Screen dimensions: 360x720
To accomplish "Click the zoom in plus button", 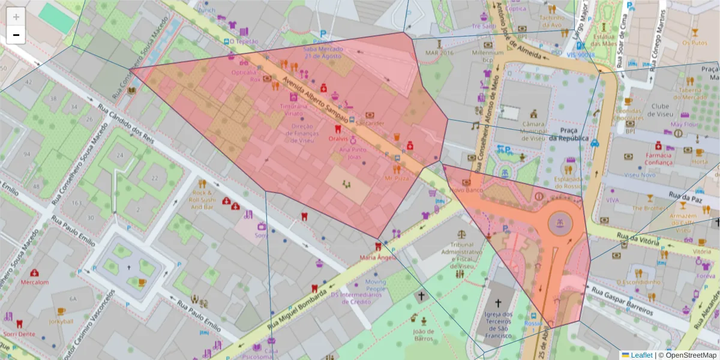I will [16, 17].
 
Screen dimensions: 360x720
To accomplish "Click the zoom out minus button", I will [16, 35].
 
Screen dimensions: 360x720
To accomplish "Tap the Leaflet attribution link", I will [641, 355].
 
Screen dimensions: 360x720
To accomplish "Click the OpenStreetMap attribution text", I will [690, 355].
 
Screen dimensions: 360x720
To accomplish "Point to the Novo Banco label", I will [466, 190].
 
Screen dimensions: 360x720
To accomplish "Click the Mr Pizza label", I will [397, 178].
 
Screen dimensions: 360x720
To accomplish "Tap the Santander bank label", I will [370, 123].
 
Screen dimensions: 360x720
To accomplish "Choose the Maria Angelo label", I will [378, 257].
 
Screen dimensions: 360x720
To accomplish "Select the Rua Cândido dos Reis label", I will [125, 123].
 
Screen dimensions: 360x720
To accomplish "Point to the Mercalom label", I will [34, 281].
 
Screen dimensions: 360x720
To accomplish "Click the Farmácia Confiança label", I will [658, 158].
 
